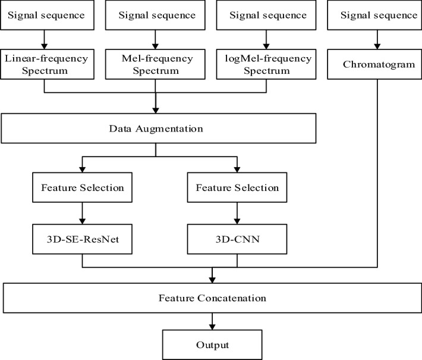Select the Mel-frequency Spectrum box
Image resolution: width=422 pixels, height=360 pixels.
pyautogui.click(x=155, y=64)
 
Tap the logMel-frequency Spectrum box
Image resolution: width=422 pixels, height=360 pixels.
pyautogui.click(x=265, y=64)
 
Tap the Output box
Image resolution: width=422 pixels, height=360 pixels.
pyautogui.click(x=212, y=345)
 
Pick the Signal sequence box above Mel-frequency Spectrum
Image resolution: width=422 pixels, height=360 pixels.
pyautogui.click(x=155, y=15)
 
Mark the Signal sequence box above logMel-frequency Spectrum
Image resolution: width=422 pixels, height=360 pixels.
pyautogui.click(x=265, y=15)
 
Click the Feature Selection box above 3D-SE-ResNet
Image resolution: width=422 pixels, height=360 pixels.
pyautogui.click(x=82, y=187)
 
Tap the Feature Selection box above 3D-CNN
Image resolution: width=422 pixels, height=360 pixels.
pyautogui.click(x=237, y=187)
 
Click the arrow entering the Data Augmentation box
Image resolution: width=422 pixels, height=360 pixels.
pyautogui.click(x=155, y=104)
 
